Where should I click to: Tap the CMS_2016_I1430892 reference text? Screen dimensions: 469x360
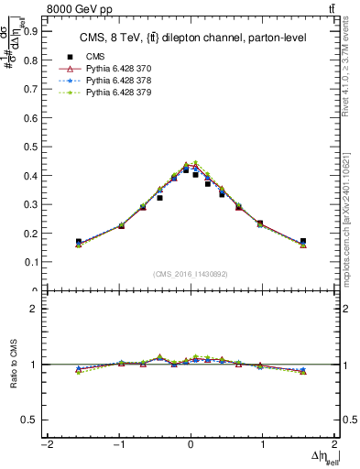[191, 275]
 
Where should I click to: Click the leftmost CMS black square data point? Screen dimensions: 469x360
[79, 242]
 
